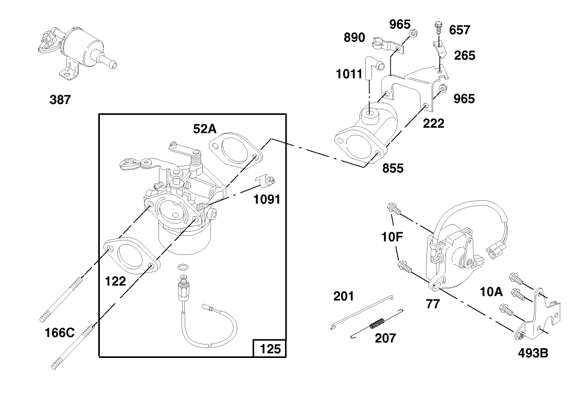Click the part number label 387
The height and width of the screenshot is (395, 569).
60,100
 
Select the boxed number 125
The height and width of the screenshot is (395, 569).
270,349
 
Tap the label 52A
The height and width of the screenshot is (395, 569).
205,128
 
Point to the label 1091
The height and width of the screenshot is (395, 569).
266,199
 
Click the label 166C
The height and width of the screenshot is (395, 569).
60,333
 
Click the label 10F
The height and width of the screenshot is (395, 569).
392,237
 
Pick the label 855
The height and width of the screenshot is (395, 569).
393,168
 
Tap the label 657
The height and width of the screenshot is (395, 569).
459,30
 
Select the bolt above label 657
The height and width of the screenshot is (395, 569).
438,25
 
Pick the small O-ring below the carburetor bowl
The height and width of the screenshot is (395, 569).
182,268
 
